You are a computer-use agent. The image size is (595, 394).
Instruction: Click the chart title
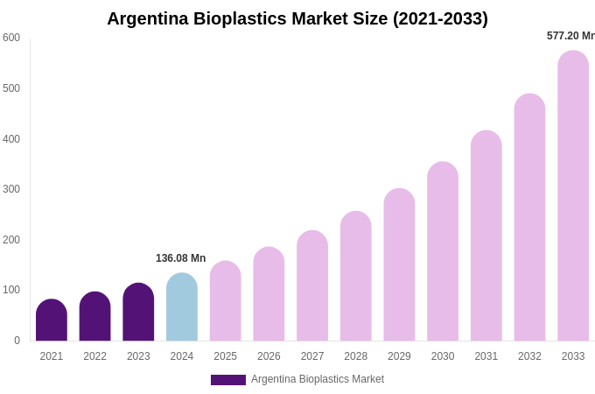(x=297, y=18)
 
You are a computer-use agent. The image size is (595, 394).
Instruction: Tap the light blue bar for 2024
(x=182, y=307)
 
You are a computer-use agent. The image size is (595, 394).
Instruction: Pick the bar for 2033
(x=573, y=196)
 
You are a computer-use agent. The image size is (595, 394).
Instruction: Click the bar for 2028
(x=356, y=277)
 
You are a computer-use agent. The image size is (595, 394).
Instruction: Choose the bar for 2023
(x=138, y=313)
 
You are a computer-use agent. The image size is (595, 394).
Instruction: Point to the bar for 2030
(x=443, y=252)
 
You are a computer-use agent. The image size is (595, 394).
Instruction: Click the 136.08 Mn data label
(x=181, y=258)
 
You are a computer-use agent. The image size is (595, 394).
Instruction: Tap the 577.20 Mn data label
(x=570, y=36)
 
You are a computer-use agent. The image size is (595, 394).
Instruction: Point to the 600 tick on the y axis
(x=11, y=38)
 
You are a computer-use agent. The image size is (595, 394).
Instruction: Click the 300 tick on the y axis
(x=11, y=189)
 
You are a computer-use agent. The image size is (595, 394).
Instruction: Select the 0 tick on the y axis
(x=17, y=341)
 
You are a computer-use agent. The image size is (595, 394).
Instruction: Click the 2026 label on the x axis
(x=269, y=356)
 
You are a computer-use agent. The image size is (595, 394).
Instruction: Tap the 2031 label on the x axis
(x=486, y=356)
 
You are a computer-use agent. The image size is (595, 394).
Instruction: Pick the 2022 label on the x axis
(x=94, y=356)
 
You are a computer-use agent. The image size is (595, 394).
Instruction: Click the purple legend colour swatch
(x=227, y=380)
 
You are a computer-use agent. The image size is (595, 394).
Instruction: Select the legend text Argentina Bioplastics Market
(x=318, y=379)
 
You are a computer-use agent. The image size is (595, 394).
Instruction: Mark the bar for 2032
(x=529, y=218)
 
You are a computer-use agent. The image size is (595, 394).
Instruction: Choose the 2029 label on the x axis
(x=399, y=356)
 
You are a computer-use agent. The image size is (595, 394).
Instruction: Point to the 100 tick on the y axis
(x=11, y=290)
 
